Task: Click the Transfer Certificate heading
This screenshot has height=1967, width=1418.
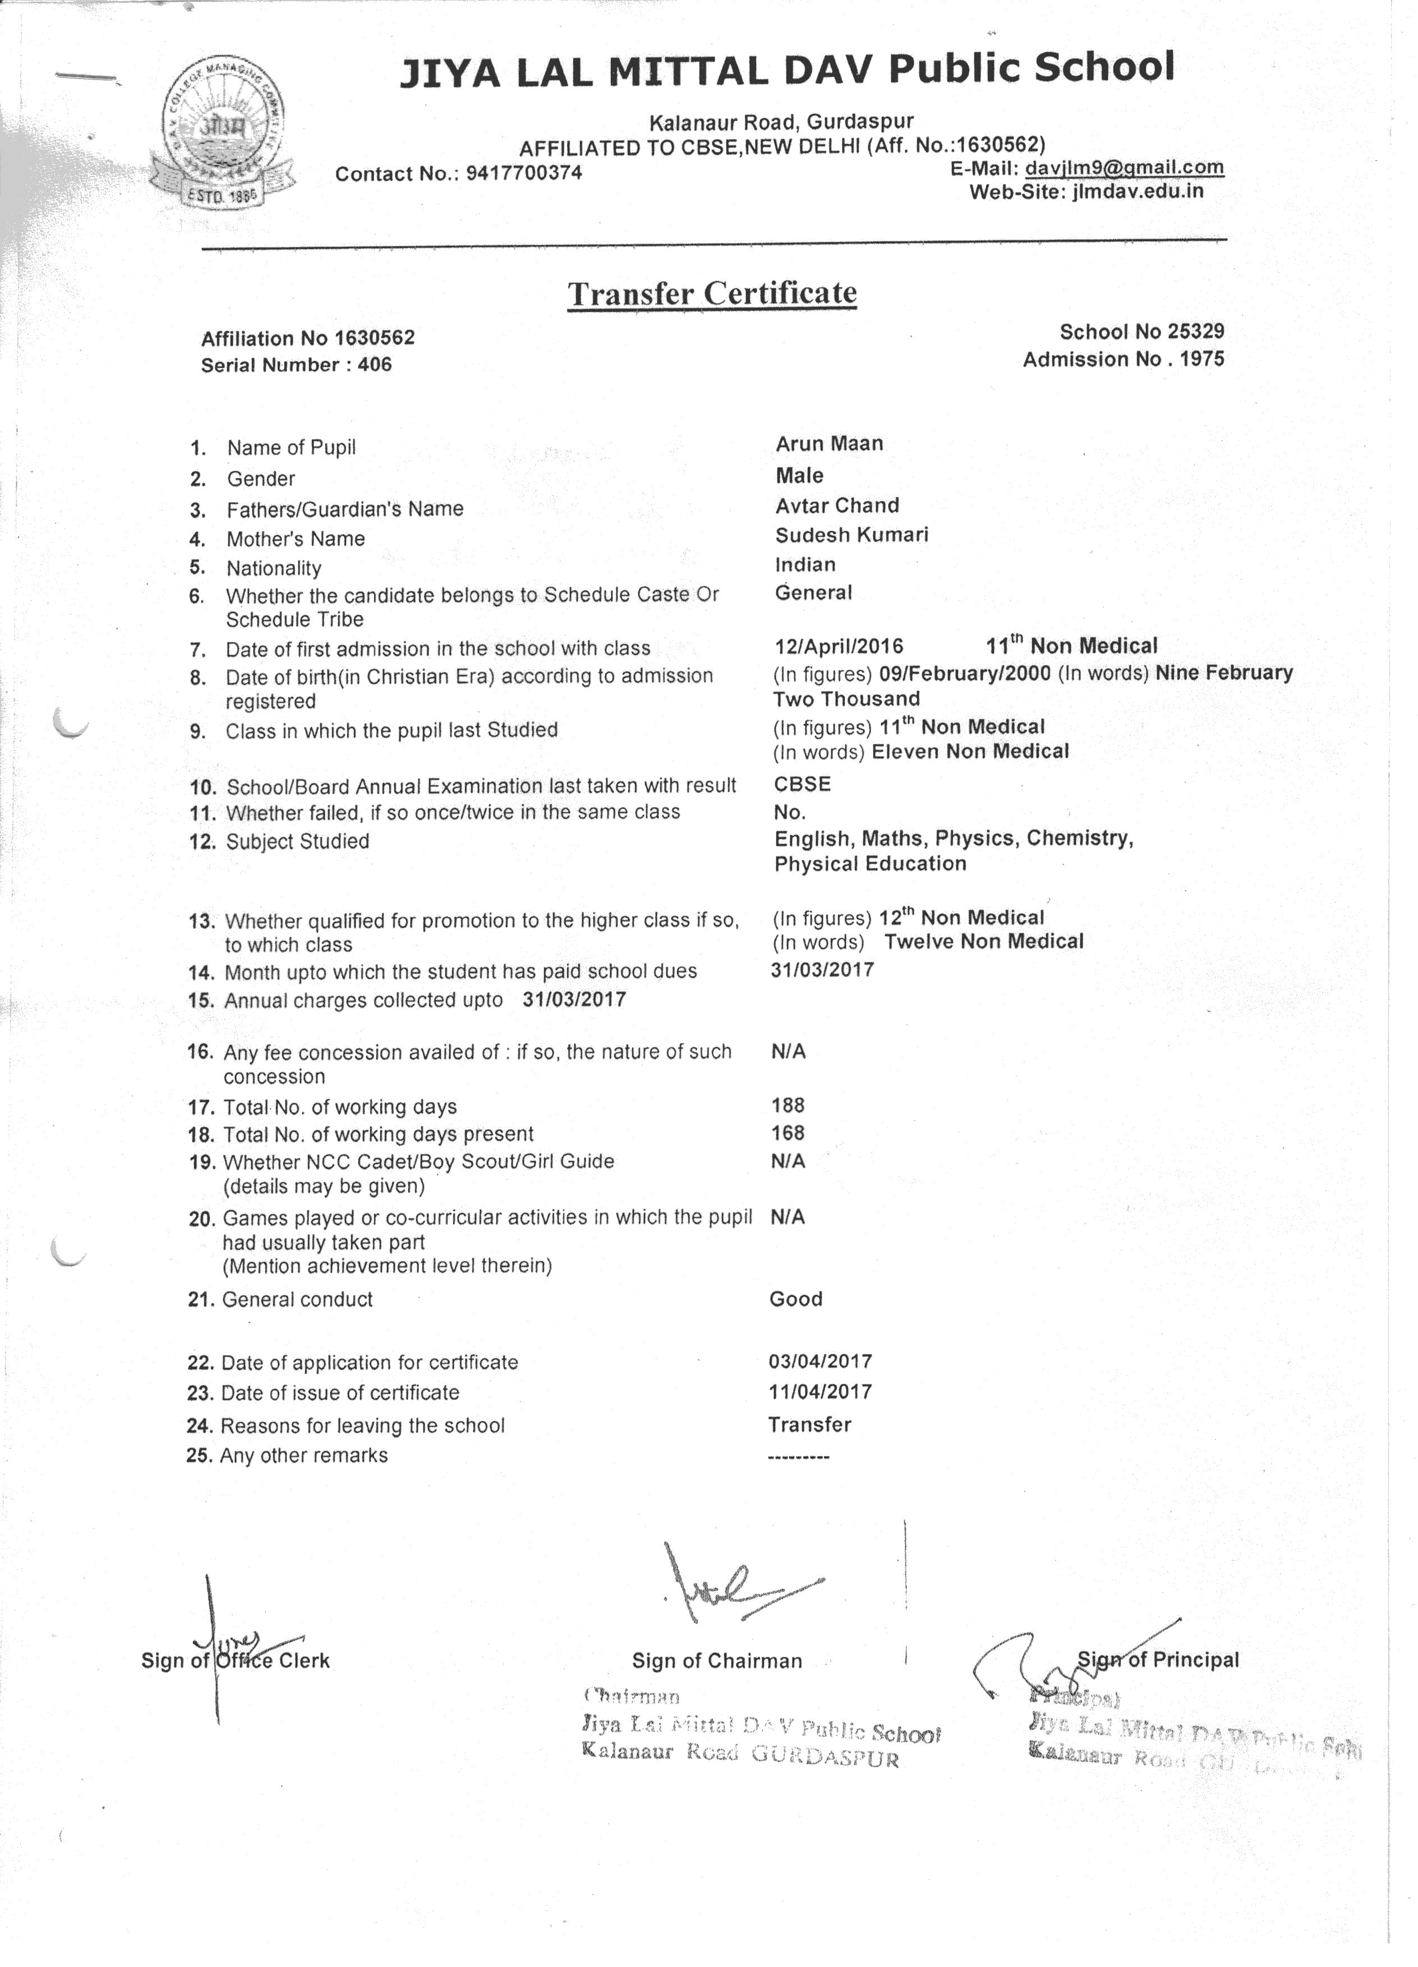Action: (712, 293)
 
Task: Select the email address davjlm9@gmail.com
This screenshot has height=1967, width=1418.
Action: (1125, 167)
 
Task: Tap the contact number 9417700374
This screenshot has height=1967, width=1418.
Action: (524, 173)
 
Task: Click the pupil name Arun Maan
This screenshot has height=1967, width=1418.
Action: (829, 444)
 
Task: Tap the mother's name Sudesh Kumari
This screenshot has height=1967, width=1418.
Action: (851, 535)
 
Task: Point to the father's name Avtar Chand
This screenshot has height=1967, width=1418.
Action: (837, 505)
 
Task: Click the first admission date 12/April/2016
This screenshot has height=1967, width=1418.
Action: (839, 646)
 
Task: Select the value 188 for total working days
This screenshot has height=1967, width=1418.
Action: (788, 1105)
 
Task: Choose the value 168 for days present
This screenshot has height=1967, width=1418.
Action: (788, 1132)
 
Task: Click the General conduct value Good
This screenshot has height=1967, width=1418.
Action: (795, 1298)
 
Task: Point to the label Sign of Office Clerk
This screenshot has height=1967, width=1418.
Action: (235, 1660)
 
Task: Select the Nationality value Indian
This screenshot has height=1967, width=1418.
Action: (805, 565)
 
